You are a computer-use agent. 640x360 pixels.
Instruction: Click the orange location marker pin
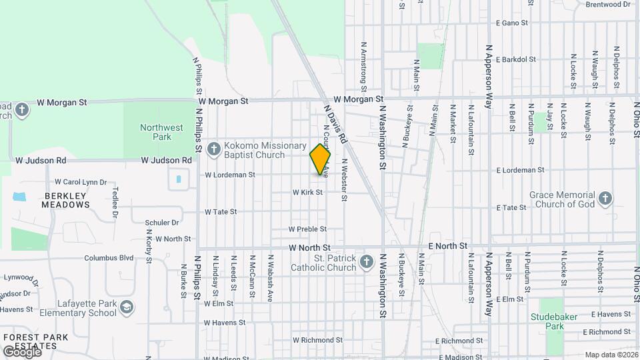(x=320, y=159)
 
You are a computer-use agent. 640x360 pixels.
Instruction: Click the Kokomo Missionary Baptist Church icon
(x=214, y=149)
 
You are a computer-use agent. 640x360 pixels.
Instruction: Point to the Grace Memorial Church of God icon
(x=605, y=198)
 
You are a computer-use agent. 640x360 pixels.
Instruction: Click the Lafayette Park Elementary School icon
(x=127, y=307)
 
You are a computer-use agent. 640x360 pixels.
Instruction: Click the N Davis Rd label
(x=335, y=124)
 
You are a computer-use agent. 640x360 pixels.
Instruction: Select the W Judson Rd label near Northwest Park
(x=166, y=161)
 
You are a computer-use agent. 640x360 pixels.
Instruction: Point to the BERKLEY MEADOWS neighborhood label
(x=66, y=200)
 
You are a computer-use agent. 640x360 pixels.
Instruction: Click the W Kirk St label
(x=307, y=192)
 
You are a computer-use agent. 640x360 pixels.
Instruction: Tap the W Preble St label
(x=307, y=229)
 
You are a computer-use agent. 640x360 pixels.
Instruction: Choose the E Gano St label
(x=511, y=23)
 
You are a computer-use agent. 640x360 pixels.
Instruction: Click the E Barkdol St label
(x=516, y=59)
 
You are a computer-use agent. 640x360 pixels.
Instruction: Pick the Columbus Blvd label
(x=109, y=258)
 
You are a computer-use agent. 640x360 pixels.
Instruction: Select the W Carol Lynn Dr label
(x=80, y=181)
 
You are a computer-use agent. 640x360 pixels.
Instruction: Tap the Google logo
(x=22, y=352)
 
